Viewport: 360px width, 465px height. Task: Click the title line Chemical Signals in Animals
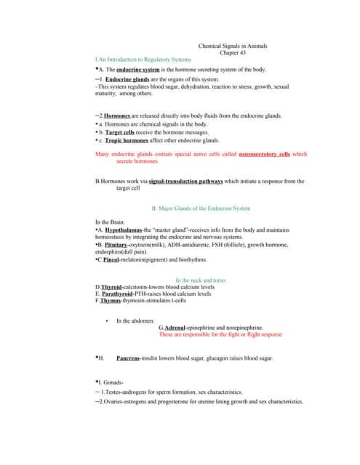[233, 46]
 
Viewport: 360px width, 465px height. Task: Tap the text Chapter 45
[233, 52]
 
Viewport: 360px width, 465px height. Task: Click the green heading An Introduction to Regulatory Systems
[143, 58]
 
